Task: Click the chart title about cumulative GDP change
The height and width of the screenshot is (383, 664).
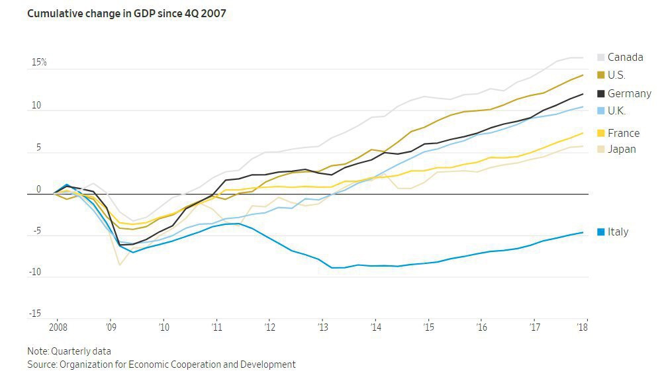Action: pos(126,13)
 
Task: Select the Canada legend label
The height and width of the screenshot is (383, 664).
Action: pos(625,58)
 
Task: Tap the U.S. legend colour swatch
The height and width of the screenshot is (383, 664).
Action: pos(601,75)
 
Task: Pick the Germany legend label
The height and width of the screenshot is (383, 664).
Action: pos(629,94)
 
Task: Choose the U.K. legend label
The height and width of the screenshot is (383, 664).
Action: pos(616,111)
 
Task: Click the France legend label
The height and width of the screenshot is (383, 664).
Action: pos(623,133)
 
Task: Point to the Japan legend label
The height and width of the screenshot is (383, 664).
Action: pos(622,149)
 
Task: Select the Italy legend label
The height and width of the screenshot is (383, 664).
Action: pos(618,232)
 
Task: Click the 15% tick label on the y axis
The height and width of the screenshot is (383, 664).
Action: pos(38,63)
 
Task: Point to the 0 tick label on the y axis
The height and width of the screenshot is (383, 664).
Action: pos(38,190)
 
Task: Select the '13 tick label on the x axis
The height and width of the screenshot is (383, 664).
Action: pos(323,327)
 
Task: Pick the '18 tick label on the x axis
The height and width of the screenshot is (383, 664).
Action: pos(583,327)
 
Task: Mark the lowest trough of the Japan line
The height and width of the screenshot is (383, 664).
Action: pos(120,265)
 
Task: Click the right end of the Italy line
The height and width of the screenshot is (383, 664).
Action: pos(583,232)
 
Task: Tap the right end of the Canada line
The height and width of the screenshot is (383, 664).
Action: pos(583,58)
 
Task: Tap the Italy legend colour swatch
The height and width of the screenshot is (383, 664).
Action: pos(601,232)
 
